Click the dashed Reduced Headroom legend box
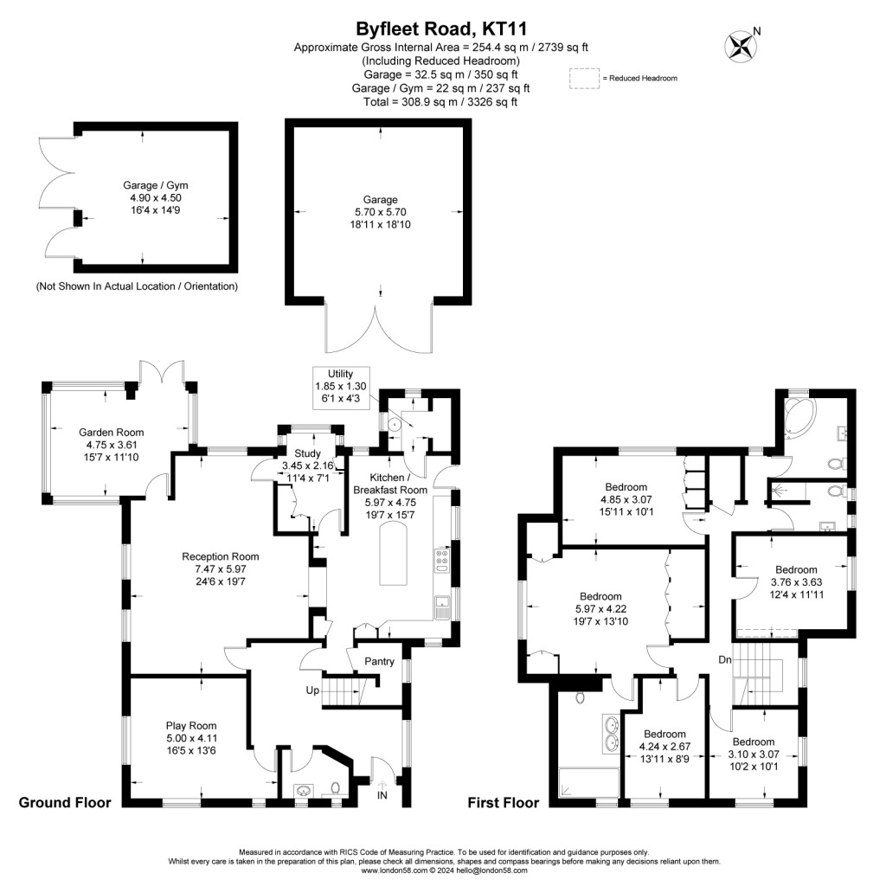[584, 78]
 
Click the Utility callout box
[341, 388]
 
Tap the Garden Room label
[111, 433]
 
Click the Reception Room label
[220, 556]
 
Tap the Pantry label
[379, 662]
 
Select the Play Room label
[191, 726]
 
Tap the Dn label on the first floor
[725, 660]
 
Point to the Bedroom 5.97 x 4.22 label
[600, 597]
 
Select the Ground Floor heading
[65, 803]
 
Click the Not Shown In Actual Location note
[136, 286]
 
